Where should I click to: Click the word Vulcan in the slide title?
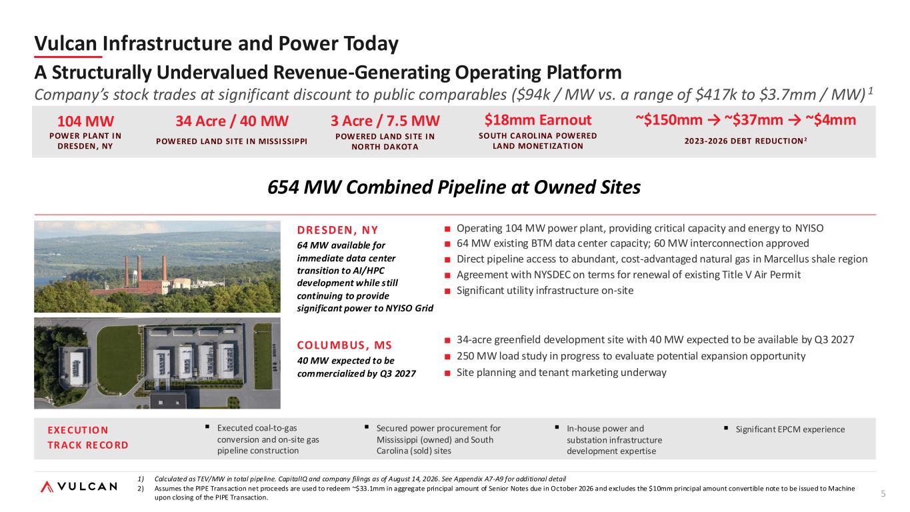pos(65,43)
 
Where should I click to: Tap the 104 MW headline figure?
pos(85,121)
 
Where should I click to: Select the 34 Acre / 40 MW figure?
pos(231,121)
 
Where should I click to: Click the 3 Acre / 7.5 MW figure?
pos(385,121)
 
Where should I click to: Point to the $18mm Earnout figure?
pos(538,120)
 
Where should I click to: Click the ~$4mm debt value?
pos(831,120)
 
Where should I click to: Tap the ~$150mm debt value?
pos(669,120)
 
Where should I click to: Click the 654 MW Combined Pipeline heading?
pos(454,187)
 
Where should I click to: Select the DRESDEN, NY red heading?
pos(337,231)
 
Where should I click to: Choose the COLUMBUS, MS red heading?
pos(345,345)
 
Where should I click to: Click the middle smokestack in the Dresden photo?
pos(139,269)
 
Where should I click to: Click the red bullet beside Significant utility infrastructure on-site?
pos(447,291)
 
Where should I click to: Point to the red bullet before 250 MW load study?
pos(447,357)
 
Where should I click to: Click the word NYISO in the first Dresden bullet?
pos(809,229)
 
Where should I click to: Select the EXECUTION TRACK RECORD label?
pos(88,437)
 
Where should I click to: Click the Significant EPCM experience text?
pos(790,429)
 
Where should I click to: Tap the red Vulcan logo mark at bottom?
pos(47,487)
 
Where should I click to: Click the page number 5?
pos(883,494)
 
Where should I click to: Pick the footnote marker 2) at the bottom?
pos(141,489)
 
